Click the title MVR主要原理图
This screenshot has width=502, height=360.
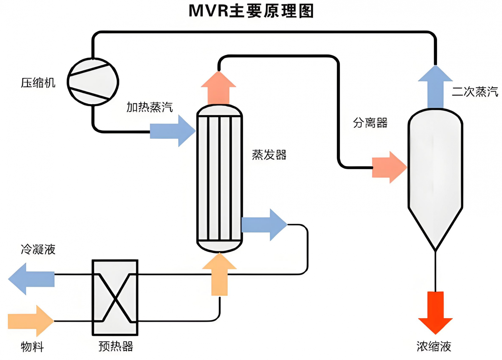pyautogui.click(x=251, y=11)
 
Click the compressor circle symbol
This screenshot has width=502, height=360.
pyautogui.click(x=93, y=82)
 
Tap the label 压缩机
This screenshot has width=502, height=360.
pyautogui.click(x=38, y=83)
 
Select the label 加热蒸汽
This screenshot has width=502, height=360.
pyautogui.click(x=149, y=107)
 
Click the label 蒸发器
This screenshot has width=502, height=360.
pyautogui.click(x=269, y=155)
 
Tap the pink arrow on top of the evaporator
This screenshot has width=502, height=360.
pyautogui.click(x=219, y=89)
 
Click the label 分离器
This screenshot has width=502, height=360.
pyautogui.click(x=370, y=123)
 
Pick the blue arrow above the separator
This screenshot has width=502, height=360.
pyautogui.click(x=435, y=87)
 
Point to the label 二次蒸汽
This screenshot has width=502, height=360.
pyautogui.click(x=475, y=92)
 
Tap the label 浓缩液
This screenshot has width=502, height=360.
pyautogui.click(x=434, y=347)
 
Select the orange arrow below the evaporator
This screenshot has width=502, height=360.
pyautogui.click(x=219, y=275)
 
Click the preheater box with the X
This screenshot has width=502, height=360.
pyautogui.click(x=115, y=298)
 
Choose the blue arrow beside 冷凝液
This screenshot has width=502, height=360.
pyautogui.click(x=31, y=279)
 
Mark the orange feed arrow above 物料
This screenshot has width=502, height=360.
pyautogui.click(x=31, y=321)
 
